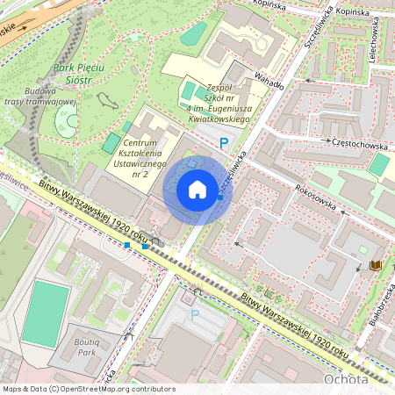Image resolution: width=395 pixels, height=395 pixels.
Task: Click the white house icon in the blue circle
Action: [197, 190]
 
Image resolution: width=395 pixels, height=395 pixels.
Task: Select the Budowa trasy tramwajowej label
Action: [40, 96]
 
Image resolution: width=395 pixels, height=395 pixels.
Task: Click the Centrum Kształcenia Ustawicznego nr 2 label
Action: [147, 157]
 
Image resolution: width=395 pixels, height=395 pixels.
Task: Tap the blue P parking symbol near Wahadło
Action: [224, 142]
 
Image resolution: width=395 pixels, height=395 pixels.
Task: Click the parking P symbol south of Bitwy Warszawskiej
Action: [195, 313]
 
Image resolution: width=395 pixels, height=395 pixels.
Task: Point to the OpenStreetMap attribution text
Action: [88, 388]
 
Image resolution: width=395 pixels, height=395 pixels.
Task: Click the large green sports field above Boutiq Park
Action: [45, 312]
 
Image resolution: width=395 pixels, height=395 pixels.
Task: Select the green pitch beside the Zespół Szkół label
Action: [190, 90]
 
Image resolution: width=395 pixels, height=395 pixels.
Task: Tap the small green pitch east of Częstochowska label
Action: [378, 165]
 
